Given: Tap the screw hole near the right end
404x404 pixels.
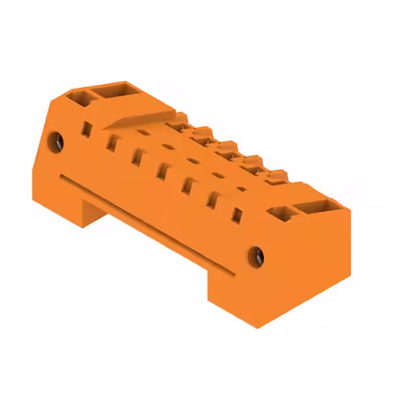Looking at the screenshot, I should pos(256,256).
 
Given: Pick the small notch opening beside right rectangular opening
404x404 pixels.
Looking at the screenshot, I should pos(278,211).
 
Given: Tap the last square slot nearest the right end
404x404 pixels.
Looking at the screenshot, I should pos(236,215).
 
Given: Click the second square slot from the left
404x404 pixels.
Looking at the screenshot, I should pos(112,141).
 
